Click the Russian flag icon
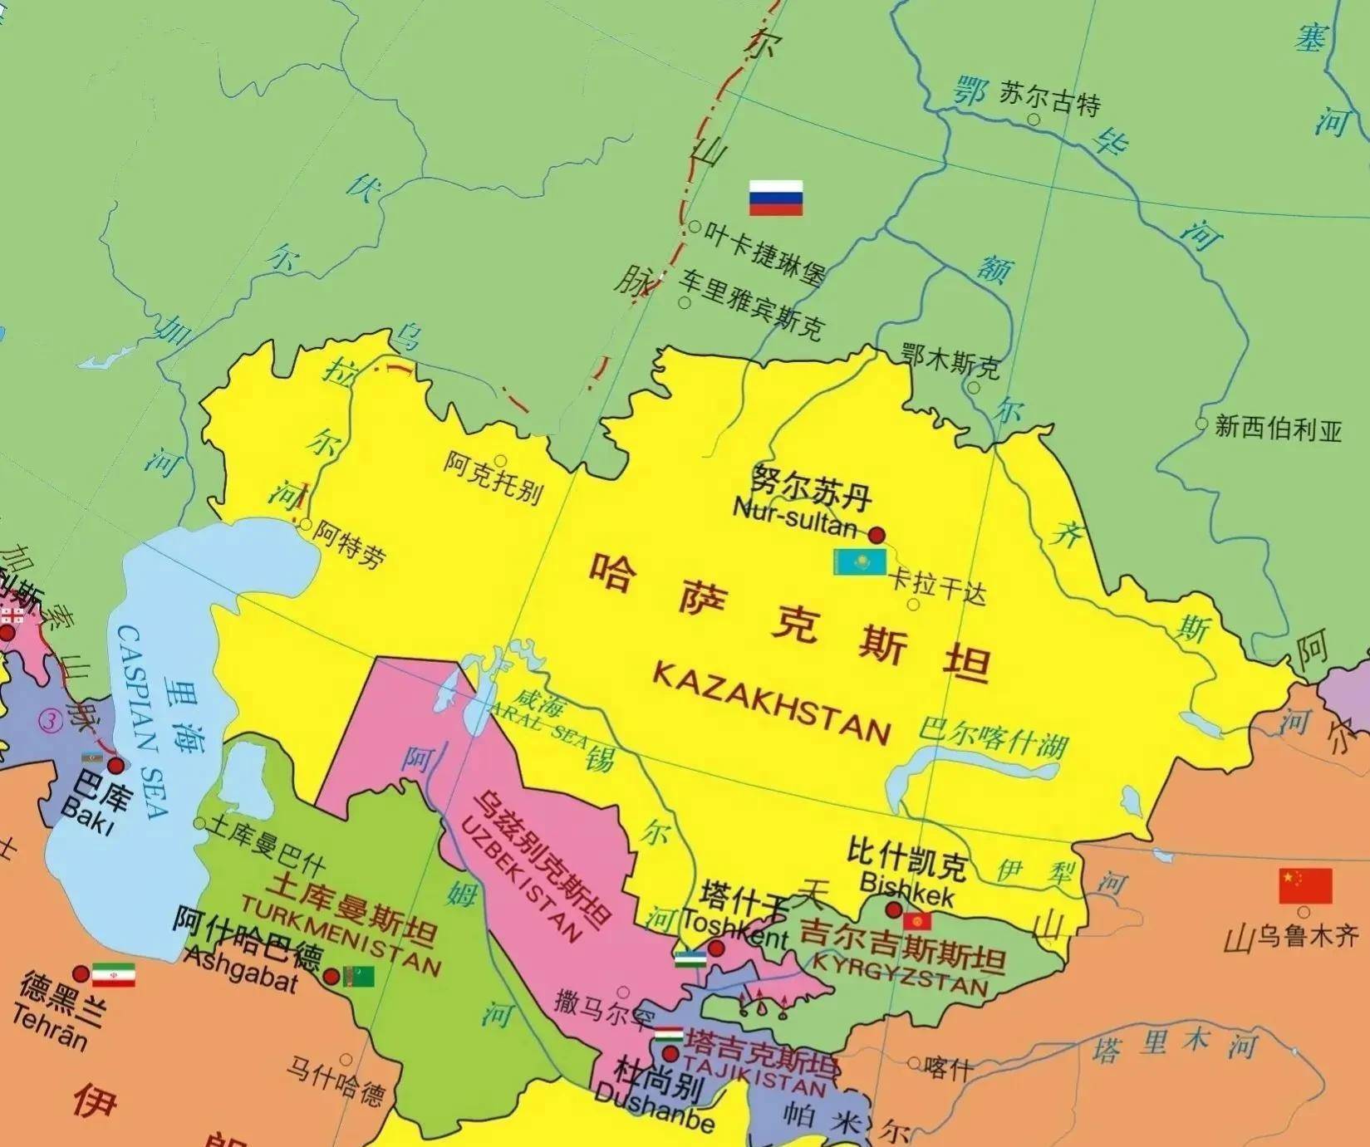click(775, 198)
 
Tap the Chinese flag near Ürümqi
click(1305, 885)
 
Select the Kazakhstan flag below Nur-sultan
click(860, 562)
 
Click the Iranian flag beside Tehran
click(113, 975)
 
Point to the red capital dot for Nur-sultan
click(877, 534)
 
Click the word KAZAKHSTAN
click(771, 703)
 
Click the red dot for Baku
click(115, 765)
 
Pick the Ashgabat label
click(240, 969)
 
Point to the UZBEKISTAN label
click(520, 878)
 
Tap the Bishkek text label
click(907, 890)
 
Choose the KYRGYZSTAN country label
click(900, 973)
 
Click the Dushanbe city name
click(655, 1105)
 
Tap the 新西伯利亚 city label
click(1278, 429)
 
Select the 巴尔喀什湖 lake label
click(993, 738)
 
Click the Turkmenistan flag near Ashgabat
click(359, 977)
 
